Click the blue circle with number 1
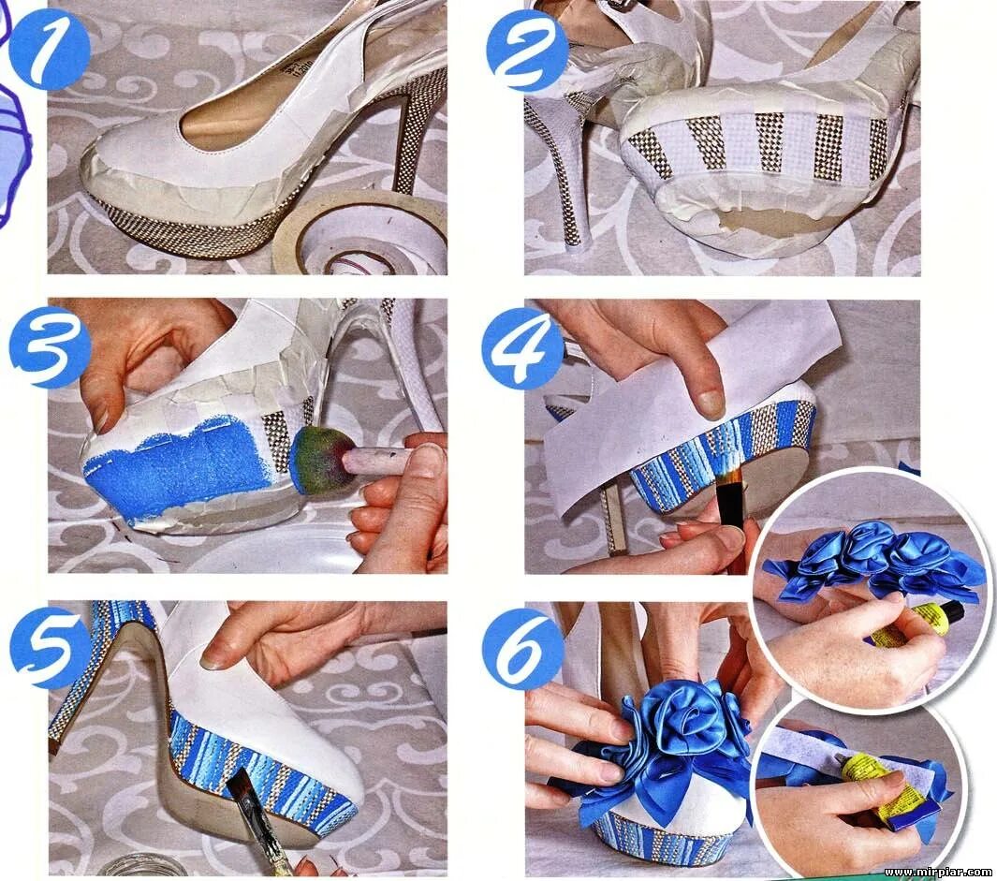coord(49,49)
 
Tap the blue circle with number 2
coord(527,50)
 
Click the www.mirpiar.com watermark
coord(939,872)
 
